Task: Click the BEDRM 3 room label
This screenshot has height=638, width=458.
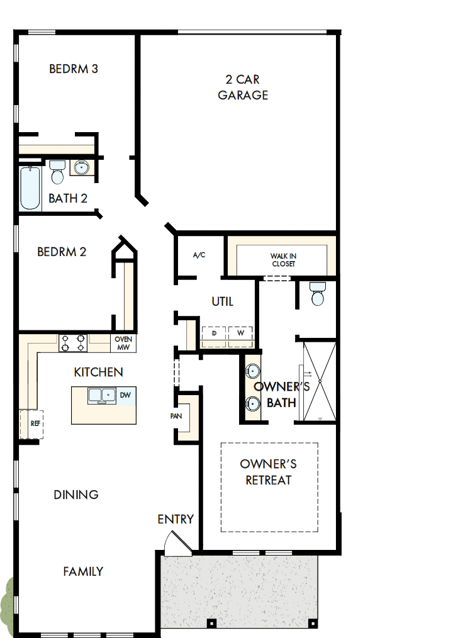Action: (74, 69)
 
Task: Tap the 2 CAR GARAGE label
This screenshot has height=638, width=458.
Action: (243, 87)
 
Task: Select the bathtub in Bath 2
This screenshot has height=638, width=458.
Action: (30, 188)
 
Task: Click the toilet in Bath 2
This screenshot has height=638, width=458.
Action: (57, 172)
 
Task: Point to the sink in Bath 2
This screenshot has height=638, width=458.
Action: (82, 167)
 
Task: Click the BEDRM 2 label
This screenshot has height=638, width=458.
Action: (62, 252)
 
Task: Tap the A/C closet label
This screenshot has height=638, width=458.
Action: (199, 255)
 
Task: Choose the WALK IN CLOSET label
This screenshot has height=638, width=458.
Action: (284, 260)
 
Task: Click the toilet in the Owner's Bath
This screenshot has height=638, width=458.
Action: (318, 293)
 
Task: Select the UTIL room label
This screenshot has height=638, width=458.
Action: (223, 301)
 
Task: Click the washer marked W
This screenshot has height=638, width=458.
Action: (241, 336)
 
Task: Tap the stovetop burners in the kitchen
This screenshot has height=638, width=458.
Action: (73, 343)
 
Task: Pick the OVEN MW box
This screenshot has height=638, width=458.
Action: (123, 343)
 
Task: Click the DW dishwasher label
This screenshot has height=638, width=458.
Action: (125, 395)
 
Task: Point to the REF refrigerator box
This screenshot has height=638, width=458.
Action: (31, 424)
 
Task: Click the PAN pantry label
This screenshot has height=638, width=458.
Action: (176, 416)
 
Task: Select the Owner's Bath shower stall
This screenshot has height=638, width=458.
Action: (320, 381)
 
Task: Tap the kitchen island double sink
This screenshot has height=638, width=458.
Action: (101, 396)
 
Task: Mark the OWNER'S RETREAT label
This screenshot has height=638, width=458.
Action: (269, 472)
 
